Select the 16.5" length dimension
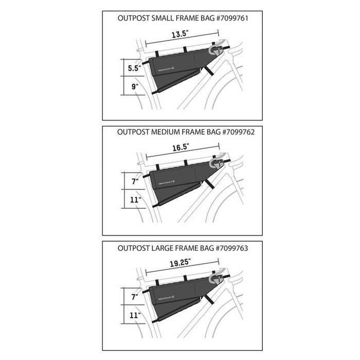tap(179, 147)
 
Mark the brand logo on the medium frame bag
tap(166, 181)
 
